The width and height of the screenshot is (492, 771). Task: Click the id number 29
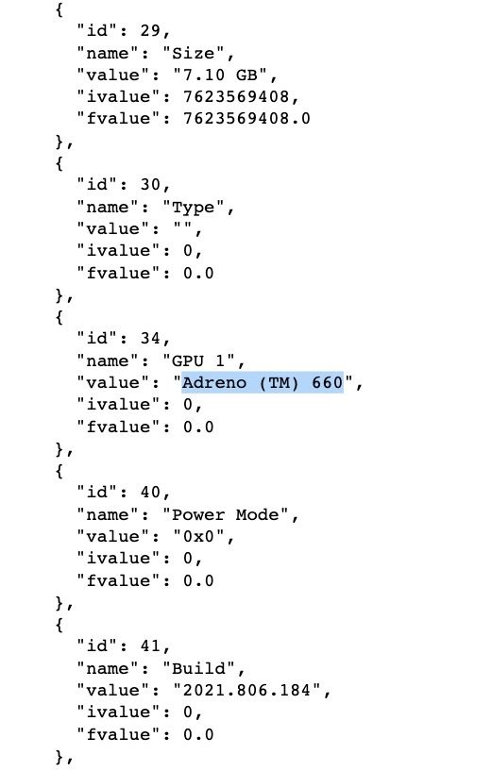150,30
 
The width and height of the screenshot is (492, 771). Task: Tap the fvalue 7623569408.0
246,119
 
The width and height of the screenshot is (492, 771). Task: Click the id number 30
150,184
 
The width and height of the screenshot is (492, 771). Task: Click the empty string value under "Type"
182,227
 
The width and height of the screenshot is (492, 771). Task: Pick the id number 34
150,338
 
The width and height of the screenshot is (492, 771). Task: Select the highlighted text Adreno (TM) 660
263,382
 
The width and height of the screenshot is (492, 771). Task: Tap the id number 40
150,493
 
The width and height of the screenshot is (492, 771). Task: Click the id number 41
150,646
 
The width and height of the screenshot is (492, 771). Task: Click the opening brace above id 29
59,8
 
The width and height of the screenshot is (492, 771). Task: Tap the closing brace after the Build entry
59,756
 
